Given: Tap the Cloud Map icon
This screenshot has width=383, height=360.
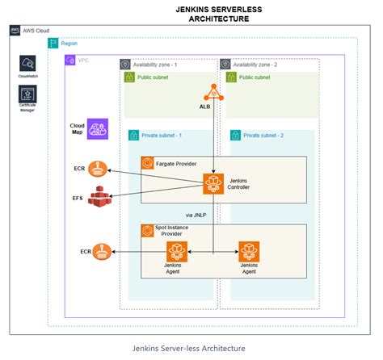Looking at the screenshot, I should click(x=99, y=129).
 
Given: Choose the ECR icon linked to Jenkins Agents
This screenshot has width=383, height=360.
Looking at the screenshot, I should click(x=102, y=253).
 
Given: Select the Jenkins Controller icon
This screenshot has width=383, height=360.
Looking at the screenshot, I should click(x=213, y=182).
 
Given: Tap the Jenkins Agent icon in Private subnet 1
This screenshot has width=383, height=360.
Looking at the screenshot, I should click(x=175, y=251).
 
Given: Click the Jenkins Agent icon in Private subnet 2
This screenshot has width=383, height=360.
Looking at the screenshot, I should click(x=248, y=251).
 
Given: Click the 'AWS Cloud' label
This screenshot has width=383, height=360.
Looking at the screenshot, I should click(x=36, y=29).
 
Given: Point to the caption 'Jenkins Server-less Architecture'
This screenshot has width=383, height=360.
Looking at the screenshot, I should click(x=190, y=348).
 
